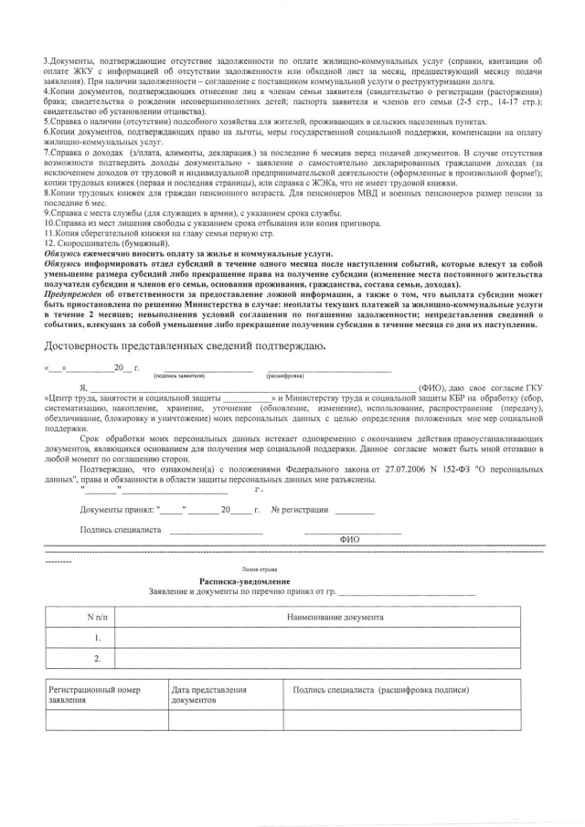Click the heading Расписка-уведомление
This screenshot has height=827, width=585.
coord(244,582)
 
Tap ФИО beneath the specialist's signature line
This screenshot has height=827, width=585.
coord(349,539)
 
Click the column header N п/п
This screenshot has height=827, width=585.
coord(97,617)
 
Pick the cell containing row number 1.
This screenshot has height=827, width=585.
coord(97,637)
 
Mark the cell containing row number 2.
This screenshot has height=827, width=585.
coord(97,658)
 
